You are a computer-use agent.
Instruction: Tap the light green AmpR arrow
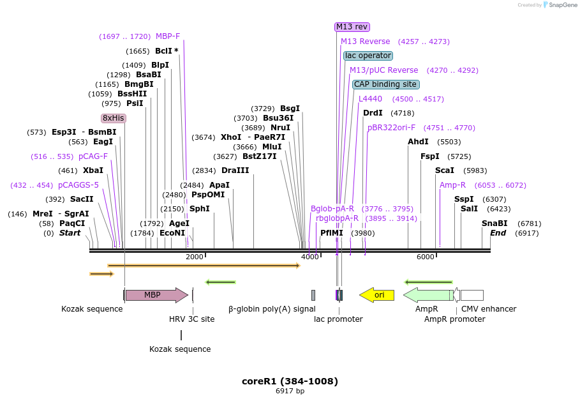pos(428,295)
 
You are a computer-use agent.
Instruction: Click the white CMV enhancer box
pos(472,295)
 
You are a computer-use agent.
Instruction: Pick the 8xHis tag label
pos(114,118)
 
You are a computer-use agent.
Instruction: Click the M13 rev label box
pos(352,27)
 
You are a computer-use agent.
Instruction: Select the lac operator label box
pos(368,56)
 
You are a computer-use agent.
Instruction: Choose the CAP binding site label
pos(385,84)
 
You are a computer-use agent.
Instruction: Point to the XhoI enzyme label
pos(231,137)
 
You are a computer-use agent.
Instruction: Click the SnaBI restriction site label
pos(494,223)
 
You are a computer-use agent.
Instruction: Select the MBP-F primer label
pos(168,36)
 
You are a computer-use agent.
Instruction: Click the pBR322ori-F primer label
pos(391,128)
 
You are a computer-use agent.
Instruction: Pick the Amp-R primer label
pos(452,185)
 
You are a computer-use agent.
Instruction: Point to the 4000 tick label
pos(309,257)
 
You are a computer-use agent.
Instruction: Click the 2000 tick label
pos(194,257)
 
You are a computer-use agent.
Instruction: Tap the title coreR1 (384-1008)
pos(290,381)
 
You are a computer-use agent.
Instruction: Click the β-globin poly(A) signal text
pos(272,309)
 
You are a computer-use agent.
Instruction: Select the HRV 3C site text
pos(191,319)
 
